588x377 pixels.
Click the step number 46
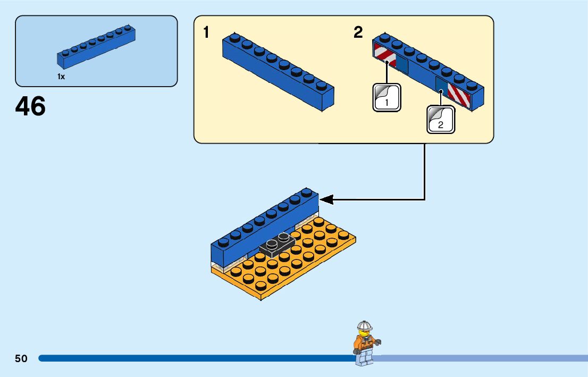click(x=30, y=106)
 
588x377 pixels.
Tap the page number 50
click(x=21, y=358)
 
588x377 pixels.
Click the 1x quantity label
click(x=61, y=77)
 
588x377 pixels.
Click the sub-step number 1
click(x=206, y=33)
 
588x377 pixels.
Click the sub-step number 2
click(x=358, y=33)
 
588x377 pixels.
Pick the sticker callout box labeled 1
click(x=387, y=97)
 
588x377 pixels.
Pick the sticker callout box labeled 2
click(x=441, y=119)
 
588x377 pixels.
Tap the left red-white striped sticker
click(x=385, y=56)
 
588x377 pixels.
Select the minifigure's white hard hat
click(x=364, y=326)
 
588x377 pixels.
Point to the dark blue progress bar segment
click(x=191, y=358)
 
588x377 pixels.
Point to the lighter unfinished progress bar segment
click(x=478, y=358)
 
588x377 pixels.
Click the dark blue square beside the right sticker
click(x=441, y=85)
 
